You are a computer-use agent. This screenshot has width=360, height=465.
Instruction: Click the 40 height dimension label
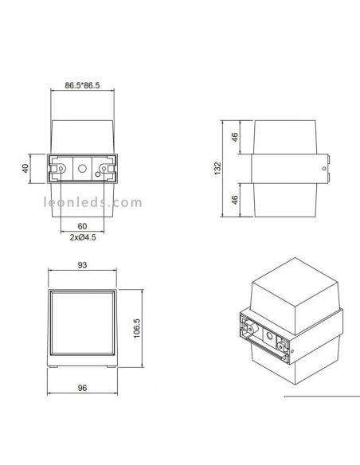25,169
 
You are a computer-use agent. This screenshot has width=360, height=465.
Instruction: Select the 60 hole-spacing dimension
82,226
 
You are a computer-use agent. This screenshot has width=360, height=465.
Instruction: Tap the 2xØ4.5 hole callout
82,237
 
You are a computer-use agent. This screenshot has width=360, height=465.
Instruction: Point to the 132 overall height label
218,169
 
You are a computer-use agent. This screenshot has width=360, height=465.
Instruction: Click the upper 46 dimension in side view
236,138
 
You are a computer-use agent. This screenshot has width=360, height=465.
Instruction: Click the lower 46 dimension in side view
236,201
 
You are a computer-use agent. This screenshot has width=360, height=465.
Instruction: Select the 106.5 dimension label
136,327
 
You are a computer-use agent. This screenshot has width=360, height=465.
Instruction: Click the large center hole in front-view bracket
82,169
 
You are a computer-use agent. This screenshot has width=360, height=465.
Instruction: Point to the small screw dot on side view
322,169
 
